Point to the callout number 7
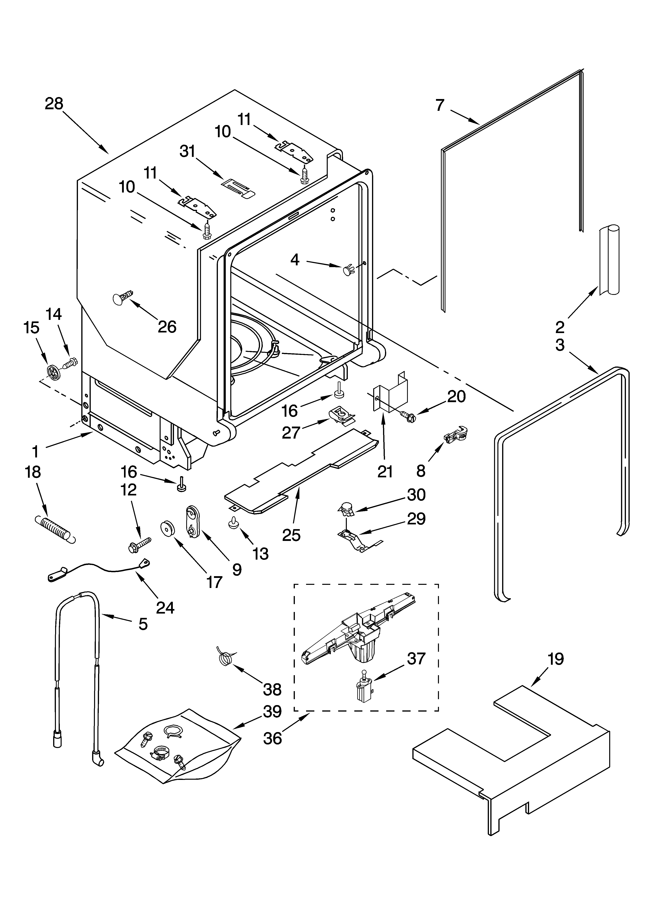point(440,105)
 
